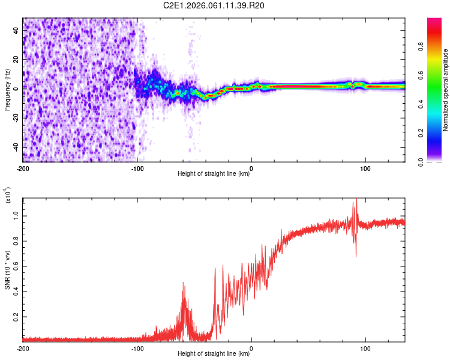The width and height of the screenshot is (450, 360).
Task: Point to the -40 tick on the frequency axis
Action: pyautogui.click(x=14, y=146)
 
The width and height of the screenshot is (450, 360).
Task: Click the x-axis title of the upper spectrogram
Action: pyautogui.click(x=214, y=174)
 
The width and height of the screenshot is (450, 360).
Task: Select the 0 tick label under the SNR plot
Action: pyautogui.click(x=251, y=348)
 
